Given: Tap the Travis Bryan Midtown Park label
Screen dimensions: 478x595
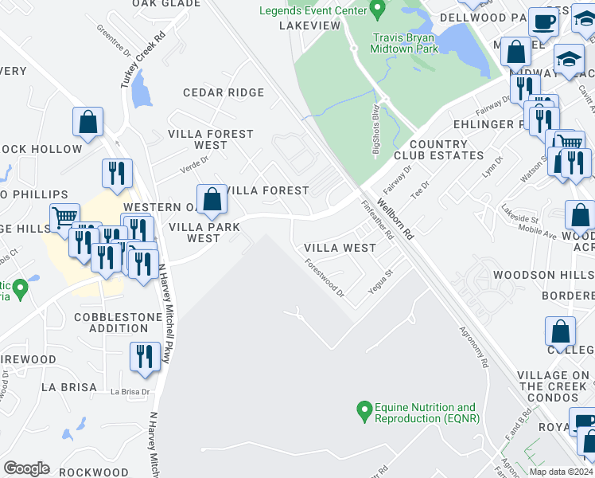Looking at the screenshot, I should click(404, 42).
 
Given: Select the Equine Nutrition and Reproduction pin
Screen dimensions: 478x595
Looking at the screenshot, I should click(364, 413).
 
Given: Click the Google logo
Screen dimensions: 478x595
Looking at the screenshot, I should click(26, 468).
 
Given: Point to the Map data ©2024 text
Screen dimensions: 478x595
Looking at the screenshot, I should click(561, 472).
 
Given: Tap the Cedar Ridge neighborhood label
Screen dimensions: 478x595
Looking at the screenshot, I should click(223, 92).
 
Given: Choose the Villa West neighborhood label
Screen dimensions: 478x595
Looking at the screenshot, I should click(340, 248).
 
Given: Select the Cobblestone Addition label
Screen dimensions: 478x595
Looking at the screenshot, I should click(118, 323).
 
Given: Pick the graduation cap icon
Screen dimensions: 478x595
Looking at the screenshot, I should click(569, 59).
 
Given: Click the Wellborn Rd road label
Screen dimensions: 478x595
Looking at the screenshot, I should click(396, 220).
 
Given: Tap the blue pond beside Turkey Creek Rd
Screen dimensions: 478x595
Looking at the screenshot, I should click(142, 89).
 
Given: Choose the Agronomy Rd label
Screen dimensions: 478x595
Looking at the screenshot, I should click(472, 348).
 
